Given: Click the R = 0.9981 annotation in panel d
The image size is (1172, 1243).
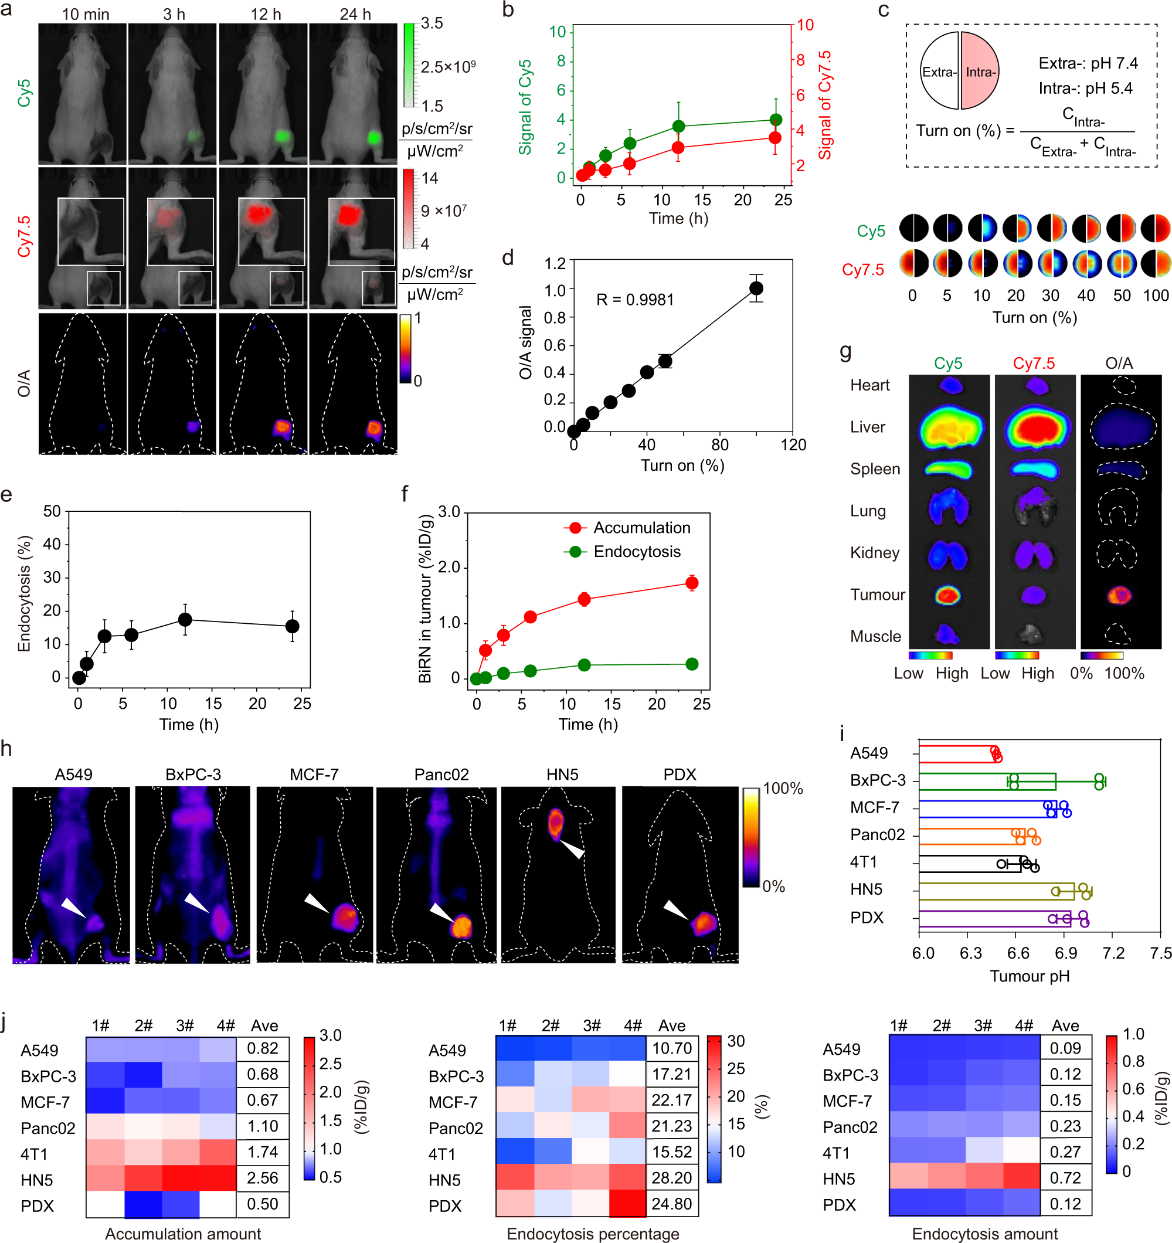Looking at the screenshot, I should point(634,300).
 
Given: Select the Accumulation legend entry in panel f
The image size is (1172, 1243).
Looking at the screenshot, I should point(641,528).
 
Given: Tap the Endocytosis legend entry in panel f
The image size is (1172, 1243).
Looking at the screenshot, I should point(636,552).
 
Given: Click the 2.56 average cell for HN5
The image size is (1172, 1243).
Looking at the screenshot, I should point(263,1178).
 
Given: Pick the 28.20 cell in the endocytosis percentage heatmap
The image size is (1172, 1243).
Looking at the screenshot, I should point(671,1178).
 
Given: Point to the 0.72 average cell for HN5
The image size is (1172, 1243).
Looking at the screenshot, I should point(1065,1178).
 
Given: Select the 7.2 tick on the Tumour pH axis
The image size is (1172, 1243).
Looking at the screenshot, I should point(1113,953).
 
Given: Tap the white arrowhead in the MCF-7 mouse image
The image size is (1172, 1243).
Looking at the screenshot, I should point(315,902).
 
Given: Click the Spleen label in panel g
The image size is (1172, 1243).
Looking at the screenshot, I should point(875,469).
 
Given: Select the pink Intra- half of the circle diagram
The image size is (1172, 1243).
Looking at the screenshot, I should point(980,72).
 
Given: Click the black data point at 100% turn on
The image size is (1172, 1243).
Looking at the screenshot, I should point(756,288).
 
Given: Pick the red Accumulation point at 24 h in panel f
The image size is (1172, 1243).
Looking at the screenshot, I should point(691,583).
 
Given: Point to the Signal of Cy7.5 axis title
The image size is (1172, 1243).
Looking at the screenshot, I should point(825,104).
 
